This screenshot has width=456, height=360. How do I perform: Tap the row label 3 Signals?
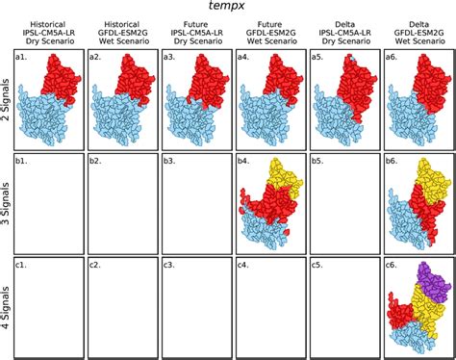click(x=8, y=202)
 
